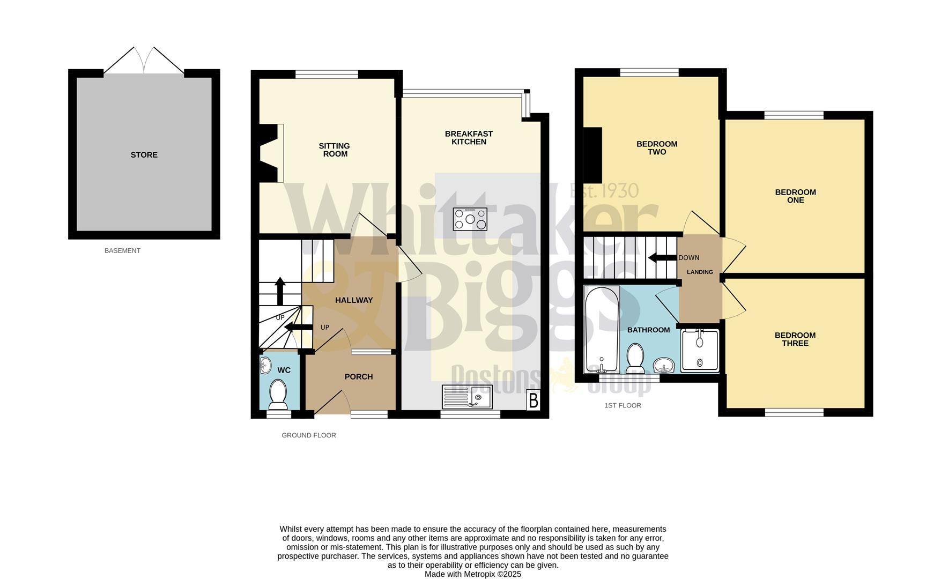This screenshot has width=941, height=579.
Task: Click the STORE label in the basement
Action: [144, 155]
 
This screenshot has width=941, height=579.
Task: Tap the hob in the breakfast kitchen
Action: [470, 219]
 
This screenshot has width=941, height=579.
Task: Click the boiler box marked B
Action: [533, 400]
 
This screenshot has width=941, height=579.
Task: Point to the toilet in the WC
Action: [278, 394]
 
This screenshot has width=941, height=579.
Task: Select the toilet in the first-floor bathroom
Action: [635, 358]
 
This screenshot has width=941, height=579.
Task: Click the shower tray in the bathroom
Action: [700, 351]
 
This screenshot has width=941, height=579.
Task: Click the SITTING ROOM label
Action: [334, 150]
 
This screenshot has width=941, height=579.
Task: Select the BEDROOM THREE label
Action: [795, 339]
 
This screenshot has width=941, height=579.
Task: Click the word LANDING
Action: [700, 272]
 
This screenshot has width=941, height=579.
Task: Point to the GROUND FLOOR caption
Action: [309, 435]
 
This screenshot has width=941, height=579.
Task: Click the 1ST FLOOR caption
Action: [623, 405]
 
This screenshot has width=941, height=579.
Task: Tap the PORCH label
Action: [358, 377]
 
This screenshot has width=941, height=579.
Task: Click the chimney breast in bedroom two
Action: [592, 155]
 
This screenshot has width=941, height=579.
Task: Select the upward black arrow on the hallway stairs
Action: [280, 291]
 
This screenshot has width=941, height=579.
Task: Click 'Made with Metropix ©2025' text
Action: [472, 574]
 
